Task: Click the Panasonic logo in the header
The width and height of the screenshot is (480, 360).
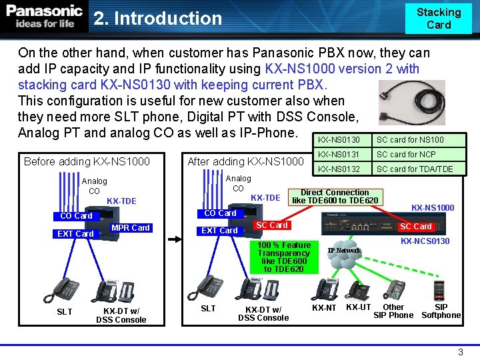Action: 44,16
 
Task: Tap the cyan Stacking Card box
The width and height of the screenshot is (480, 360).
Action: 439,19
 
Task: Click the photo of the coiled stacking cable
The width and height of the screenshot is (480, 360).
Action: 412,103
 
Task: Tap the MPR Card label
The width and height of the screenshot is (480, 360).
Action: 131,228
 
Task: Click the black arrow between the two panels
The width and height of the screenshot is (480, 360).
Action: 175,239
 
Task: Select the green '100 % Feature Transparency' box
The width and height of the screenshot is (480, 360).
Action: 284,257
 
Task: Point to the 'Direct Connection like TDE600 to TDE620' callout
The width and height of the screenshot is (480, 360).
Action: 335,197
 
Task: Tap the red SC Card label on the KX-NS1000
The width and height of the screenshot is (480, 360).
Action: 416,227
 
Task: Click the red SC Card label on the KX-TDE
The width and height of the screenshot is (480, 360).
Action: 272,225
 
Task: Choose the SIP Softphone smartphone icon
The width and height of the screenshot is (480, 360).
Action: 439,291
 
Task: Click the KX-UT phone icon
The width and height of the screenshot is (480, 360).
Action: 357,291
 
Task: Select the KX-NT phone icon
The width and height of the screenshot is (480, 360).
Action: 325,289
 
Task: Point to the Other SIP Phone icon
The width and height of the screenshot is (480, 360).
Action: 394,289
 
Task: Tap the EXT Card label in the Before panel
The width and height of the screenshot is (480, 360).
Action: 75,234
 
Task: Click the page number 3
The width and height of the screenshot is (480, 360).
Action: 461,352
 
